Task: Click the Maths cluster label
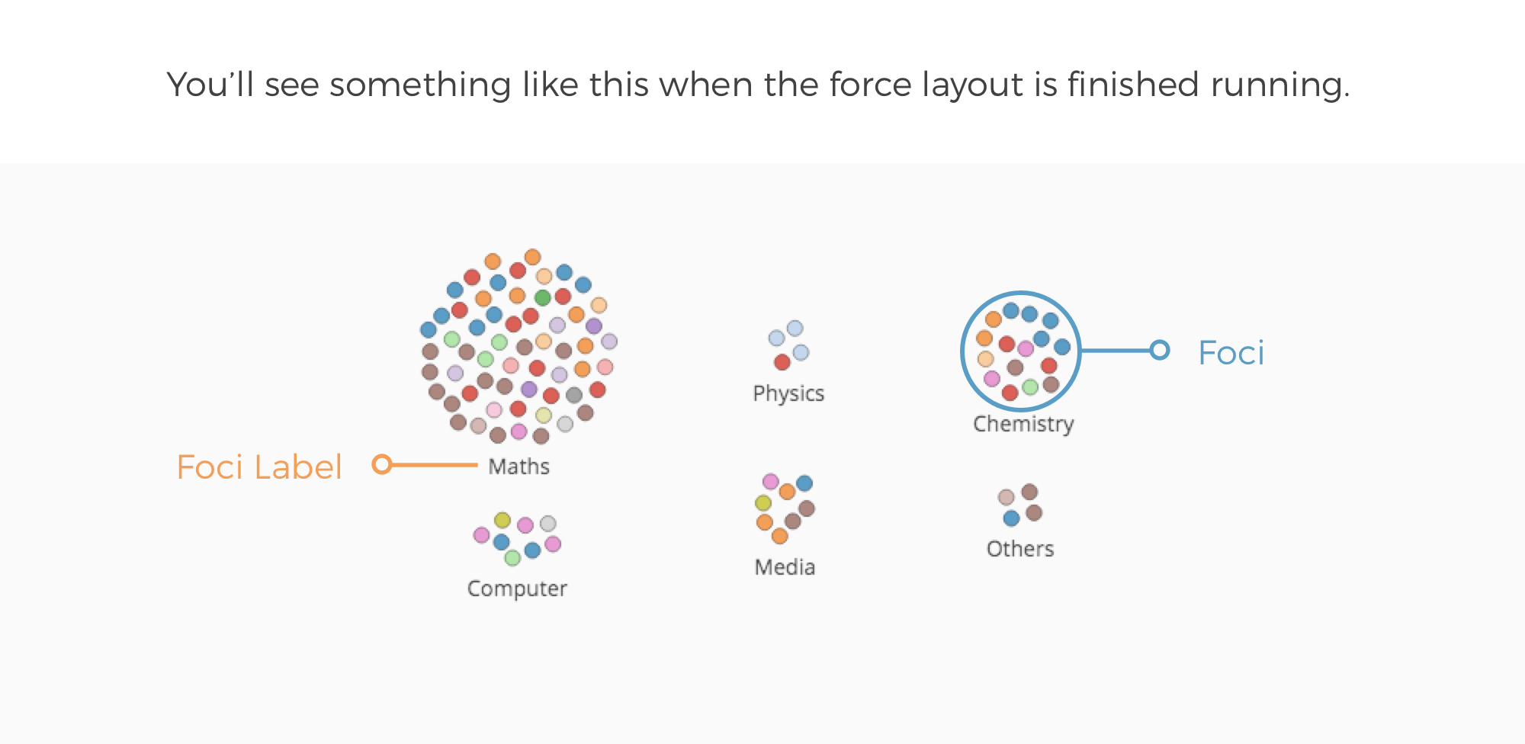click(518, 466)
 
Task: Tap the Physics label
click(788, 393)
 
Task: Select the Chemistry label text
click(1023, 424)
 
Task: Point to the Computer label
click(517, 588)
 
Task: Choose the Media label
click(785, 566)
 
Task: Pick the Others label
click(1020, 548)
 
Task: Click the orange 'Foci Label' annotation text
click(259, 467)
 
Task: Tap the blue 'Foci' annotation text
click(1231, 352)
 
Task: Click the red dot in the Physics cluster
click(782, 362)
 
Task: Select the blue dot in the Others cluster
click(1011, 518)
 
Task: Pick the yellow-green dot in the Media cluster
click(763, 502)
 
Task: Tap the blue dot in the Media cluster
click(804, 483)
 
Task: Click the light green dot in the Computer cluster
click(512, 558)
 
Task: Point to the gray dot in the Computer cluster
click(548, 524)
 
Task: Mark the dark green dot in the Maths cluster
click(543, 297)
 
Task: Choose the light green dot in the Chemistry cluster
click(1030, 386)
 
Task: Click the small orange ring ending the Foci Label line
click(382, 464)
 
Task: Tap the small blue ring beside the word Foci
click(1160, 350)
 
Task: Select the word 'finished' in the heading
click(1133, 84)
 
